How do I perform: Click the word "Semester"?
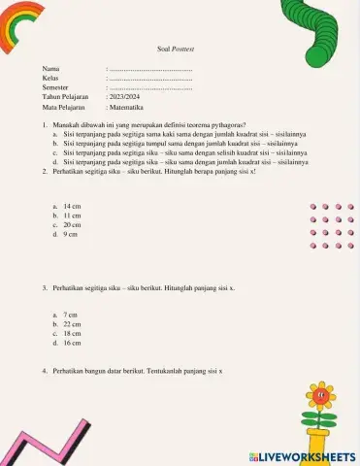(56, 88)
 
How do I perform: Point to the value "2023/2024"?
(125, 97)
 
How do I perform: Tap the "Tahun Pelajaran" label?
(65, 97)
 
